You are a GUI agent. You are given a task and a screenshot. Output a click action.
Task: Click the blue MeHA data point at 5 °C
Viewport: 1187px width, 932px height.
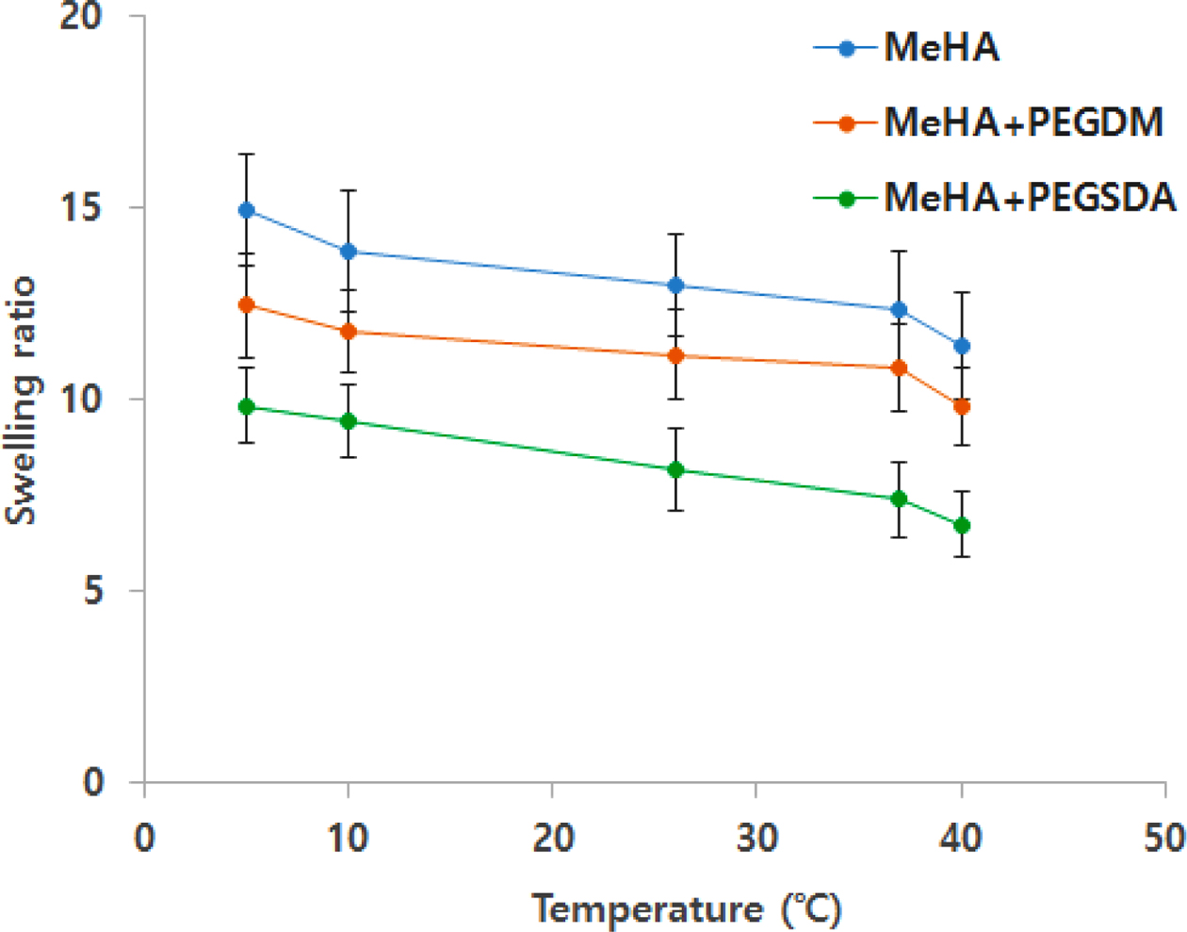pyautogui.click(x=247, y=210)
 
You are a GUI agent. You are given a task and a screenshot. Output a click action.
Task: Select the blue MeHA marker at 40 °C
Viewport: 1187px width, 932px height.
pyautogui.click(x=962, y=346)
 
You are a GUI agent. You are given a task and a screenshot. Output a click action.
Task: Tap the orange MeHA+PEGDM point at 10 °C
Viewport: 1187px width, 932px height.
pyautogui.click(x=349, y=332)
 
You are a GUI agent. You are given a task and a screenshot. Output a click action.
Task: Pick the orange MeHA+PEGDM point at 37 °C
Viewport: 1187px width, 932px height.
pyautogui.click(x=900, y=368)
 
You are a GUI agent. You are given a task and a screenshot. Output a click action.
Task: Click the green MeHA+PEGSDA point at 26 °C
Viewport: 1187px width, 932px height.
pyautogui.click(x=675, y=469)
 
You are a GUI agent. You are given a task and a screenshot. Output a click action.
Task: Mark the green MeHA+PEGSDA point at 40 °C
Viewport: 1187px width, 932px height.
pyautogui.click(x=962, y=525)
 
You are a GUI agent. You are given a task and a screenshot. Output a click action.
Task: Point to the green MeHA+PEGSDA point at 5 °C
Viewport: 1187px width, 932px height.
pyautogui.click(x=247, y=407)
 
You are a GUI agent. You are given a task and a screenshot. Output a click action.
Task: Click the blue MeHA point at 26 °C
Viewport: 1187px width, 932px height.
pyautogui.click(x=675, y=285)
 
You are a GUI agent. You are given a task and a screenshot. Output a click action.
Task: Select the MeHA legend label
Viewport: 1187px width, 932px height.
pyautogui.click(x=941, y=48)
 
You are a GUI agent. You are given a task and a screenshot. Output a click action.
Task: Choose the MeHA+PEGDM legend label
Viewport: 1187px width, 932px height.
pyautogui.click(x=1023, y=123)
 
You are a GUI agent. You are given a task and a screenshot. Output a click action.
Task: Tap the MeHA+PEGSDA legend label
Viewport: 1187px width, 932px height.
pyautogui.click(x=1030, y=198)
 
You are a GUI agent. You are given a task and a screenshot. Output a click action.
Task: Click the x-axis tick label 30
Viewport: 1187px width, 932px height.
pyautogui.click(x=756, y=837)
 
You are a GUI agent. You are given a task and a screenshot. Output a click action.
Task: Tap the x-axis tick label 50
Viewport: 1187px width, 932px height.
pyautogui.click(x=1164, y=837)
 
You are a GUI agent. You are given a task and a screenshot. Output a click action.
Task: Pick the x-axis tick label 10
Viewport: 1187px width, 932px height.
pyautogui.click(x=349, y=837)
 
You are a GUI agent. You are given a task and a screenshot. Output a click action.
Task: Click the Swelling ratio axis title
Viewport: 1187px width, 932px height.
pyautogui.click(x=21, y=400)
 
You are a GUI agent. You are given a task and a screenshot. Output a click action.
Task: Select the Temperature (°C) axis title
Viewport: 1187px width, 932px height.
pyautogui.click(x=687, y=909)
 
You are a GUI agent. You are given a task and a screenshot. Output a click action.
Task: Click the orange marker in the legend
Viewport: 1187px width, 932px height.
pyautogui.click(x=846, y=123)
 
